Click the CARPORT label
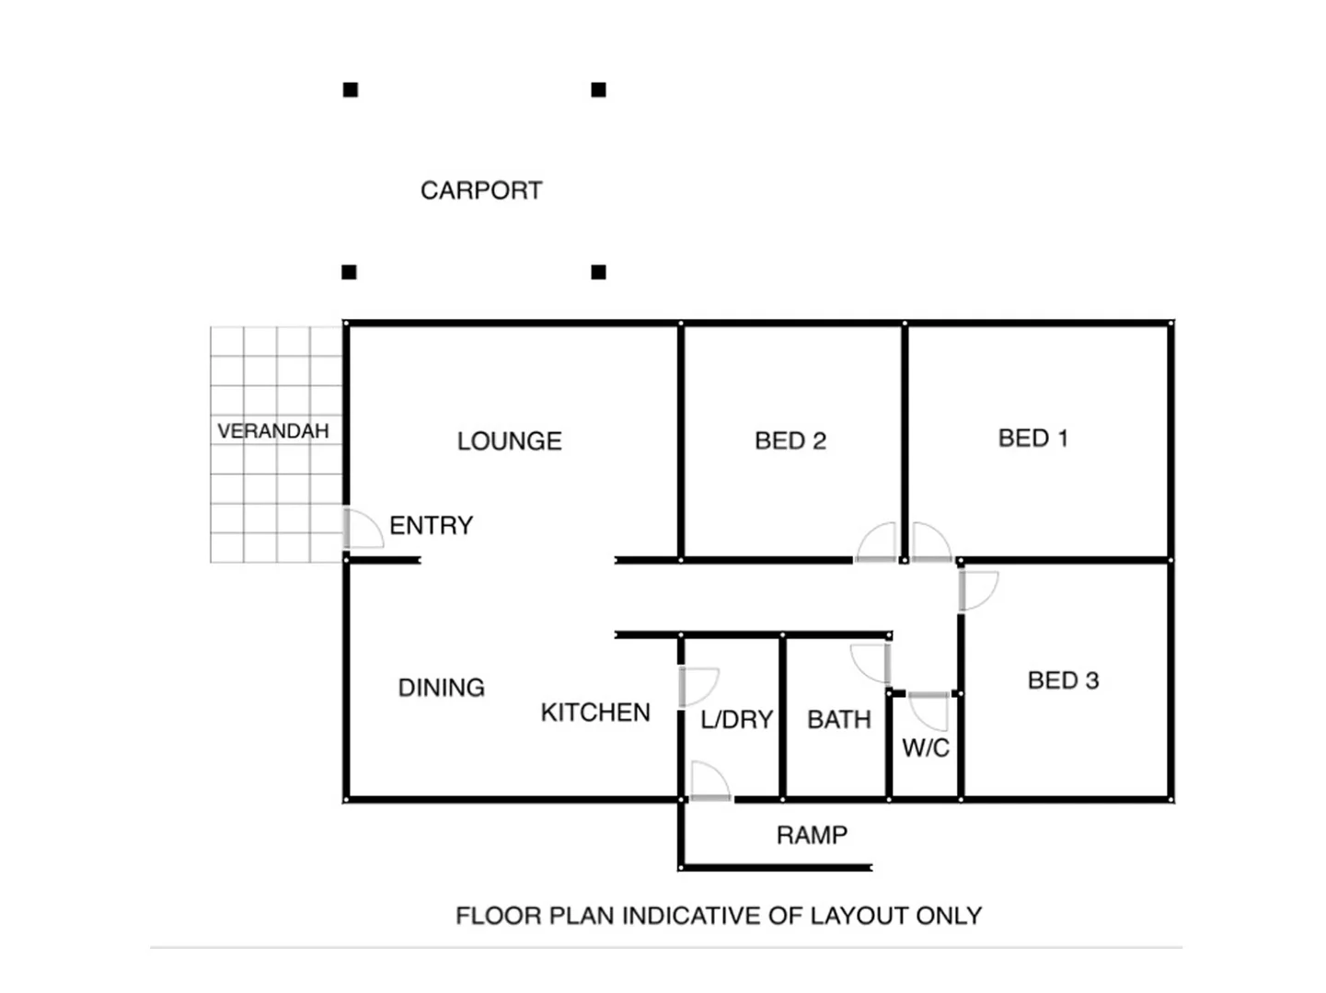click(x=481, y=190)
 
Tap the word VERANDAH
click(x=273, y=431)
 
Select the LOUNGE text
click(x=509, y=441)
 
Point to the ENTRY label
click(x=431, y=526)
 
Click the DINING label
click(x=441, y=688)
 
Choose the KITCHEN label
click(x=595, y=713)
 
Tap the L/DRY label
click(x=736, y=720)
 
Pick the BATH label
click(x=839, y=720)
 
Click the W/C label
click(x=926, y=748)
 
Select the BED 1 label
click(x=1033, y=439)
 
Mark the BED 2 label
click(x=790, y=441)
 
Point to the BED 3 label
click(x=1063, y=681)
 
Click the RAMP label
click(x=812, y=836)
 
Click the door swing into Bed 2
click(x=877, y=542)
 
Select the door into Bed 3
click(x=977, y=590)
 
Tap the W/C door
click(x=928, y=711)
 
